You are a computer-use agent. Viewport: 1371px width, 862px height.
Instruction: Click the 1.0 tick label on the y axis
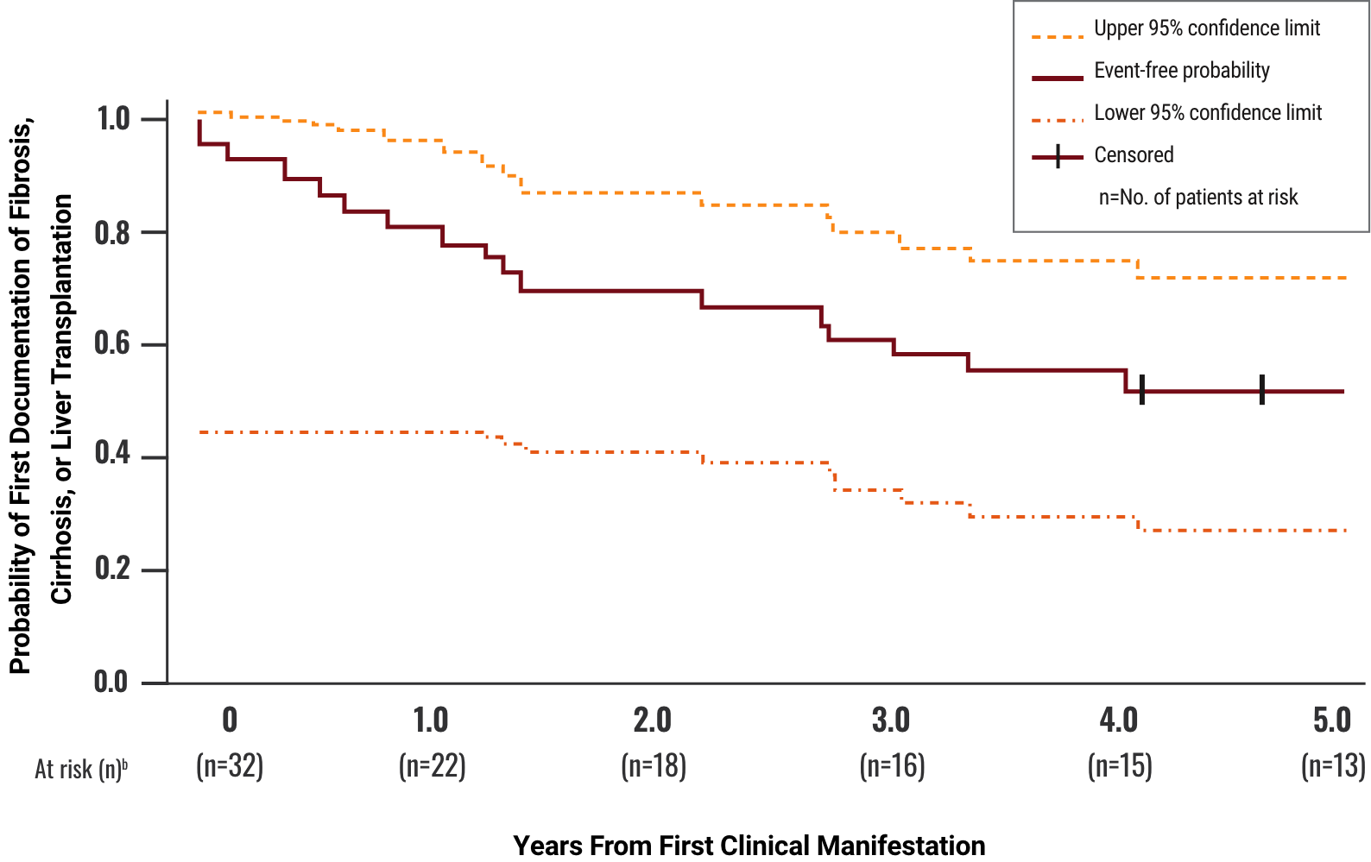point(113,119)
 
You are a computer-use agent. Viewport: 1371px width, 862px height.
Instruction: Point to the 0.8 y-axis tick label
point(113,232)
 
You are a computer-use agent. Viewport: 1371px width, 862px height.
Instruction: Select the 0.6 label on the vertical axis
point(113,343)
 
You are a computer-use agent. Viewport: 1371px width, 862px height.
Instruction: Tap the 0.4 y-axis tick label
point(113,455)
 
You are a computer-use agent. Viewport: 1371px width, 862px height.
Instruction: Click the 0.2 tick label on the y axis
point(113,569)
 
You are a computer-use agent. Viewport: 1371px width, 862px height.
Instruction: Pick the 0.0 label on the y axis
point(111,682)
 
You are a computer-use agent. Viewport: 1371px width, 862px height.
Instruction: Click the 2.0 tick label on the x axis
point(653,720)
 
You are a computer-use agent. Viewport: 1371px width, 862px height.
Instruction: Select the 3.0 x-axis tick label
point(891,720)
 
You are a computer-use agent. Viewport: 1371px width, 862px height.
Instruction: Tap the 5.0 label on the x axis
point(1331,720)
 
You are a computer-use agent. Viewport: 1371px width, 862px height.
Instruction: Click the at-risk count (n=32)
point(230,766)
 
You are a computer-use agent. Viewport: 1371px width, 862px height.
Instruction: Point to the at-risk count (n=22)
point(432,766)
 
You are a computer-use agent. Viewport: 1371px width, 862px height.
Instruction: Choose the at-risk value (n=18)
point(654,766)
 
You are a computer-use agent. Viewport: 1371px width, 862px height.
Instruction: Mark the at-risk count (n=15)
point(1120,766)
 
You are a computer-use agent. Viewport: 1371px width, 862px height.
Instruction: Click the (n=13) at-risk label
point(1333,766)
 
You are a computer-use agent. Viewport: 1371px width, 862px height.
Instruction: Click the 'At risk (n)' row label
point(80,769)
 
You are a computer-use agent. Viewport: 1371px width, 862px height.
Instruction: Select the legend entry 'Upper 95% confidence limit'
point(1206,28)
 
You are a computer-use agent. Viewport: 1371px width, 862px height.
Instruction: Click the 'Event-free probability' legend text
point(1181,71)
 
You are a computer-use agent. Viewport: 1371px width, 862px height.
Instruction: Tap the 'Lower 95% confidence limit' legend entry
point(1207,113)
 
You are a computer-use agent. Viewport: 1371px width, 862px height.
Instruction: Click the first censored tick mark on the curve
point(1142,391)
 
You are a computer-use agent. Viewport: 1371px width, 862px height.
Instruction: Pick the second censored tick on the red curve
point(1262,390)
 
